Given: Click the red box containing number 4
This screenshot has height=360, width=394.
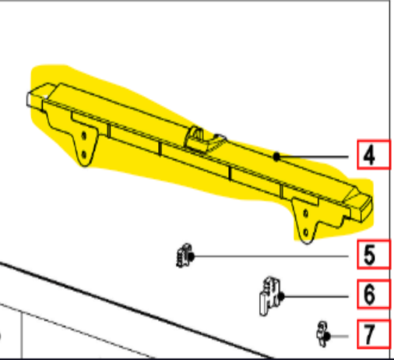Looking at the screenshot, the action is [374, 155].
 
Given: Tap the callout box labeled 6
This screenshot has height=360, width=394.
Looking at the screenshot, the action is [374, 294].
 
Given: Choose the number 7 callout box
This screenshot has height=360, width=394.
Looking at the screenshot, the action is [374, 334].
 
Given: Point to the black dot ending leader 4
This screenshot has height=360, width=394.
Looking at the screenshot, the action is [276, 157].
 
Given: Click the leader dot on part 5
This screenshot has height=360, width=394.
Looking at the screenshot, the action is [191, 256].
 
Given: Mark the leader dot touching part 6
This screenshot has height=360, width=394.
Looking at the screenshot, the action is [281, 296].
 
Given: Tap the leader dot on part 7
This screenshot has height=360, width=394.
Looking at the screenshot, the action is [327, 337].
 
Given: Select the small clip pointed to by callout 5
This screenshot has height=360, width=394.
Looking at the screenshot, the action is [184, 256].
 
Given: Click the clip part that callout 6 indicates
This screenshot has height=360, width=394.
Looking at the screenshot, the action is [270, 296].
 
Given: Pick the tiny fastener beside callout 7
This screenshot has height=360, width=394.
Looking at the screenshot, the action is [322, 334].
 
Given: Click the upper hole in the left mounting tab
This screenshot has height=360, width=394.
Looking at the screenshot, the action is [83, 136].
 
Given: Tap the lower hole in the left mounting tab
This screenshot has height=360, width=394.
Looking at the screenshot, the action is [83, 155].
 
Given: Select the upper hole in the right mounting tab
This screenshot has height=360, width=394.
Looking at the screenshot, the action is [305, 214].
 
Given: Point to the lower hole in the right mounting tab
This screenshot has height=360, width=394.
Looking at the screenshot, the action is [306, 232].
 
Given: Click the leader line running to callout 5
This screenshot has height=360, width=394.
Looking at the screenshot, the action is [270, 256].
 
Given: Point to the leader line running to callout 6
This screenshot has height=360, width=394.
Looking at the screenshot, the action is [315, 296].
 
